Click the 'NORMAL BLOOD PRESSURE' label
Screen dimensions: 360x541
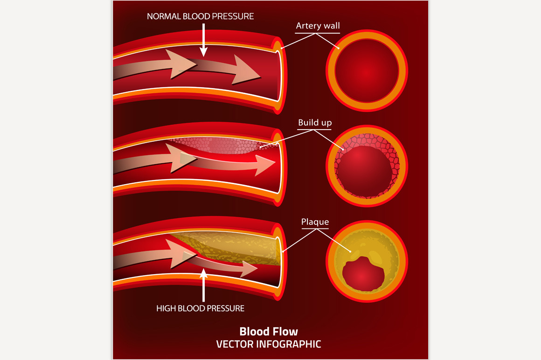200,16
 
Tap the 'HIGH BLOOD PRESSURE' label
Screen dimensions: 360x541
200,308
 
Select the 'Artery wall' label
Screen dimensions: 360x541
318,26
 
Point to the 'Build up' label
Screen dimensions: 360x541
315,123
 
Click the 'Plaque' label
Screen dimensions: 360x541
315,222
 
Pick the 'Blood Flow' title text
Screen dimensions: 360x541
268,332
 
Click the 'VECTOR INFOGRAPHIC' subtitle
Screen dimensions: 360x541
268,345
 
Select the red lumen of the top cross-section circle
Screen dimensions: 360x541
367,71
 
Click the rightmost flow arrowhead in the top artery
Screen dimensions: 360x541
247,70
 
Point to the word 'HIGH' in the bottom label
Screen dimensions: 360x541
166,308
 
